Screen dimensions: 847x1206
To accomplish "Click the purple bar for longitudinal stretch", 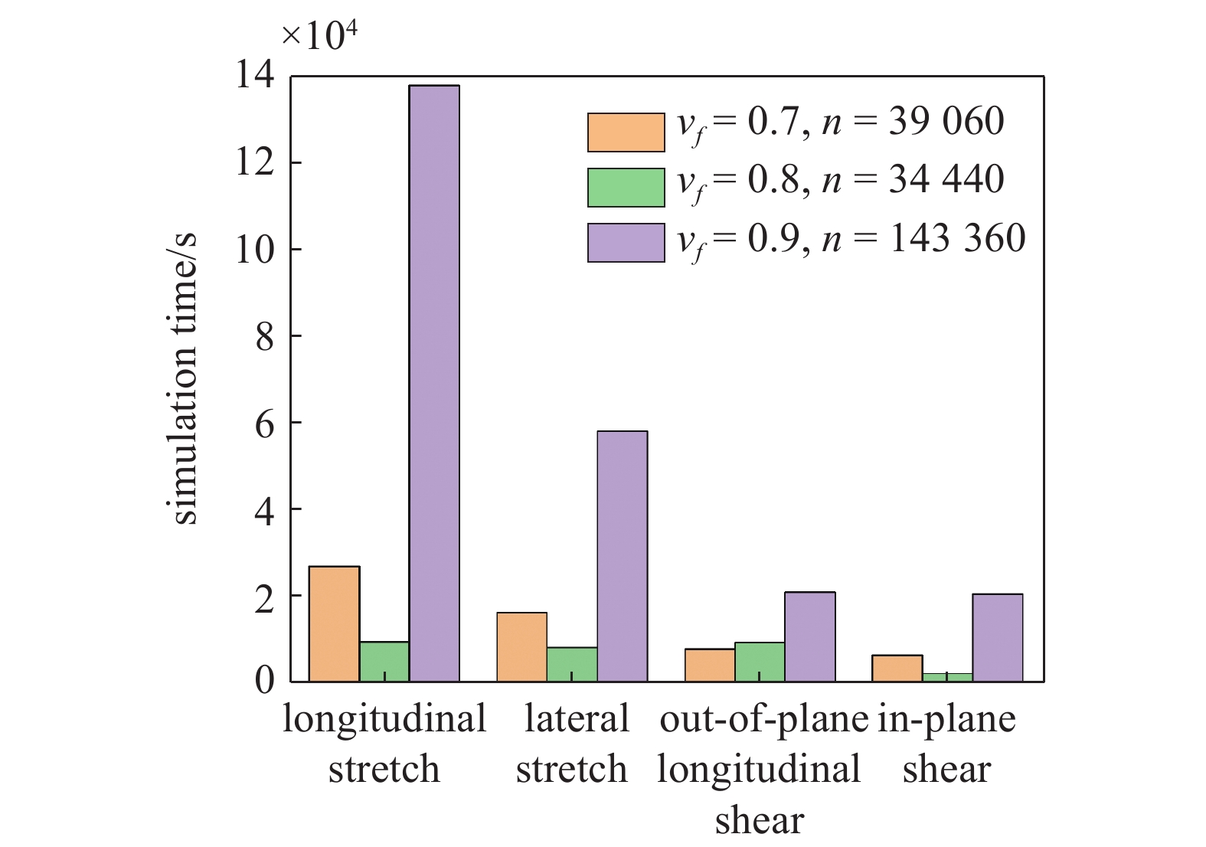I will pyautogui.click(x=434, y=383).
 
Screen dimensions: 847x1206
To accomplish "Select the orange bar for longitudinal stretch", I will pyautogui.click(x=334, y=623).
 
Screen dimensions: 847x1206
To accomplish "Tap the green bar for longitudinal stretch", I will pyautogui.click(x=384, y=662).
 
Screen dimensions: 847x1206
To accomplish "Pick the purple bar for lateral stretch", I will pyautogui.click(x=622, y=556).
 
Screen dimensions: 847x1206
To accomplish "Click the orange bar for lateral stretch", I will pyautogui.click(x=521, y=647).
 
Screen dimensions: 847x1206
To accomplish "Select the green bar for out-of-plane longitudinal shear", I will pyautogui.click(x=760, y=662).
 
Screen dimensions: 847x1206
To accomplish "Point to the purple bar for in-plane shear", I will pyautogui.click(x=997, y=637).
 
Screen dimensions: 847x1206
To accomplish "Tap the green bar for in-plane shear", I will pyautogui.click(x=947, y=677).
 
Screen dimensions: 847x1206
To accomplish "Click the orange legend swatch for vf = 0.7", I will pyautogui.click(x=626, y=132).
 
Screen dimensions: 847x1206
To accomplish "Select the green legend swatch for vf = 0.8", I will pyautogui.click(x=626, y=188).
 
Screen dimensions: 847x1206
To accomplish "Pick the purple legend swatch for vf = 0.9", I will pyautogui.click(x=626, y=243).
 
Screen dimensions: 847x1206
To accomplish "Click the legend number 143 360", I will pyautogui.click(x=957, y=238).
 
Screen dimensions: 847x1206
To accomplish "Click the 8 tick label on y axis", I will pyautogui.click(x=264, y=336).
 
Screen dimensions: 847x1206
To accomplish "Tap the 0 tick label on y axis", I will pyautogui.click(x=264, y=681).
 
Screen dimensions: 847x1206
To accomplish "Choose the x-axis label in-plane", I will pyautogui.click(x=946, y=720).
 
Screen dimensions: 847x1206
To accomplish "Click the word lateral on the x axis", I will pyautogui.click(x=576, y=720).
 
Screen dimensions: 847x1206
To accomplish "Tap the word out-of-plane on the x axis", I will pyautogui.click(x=763, y=720).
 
